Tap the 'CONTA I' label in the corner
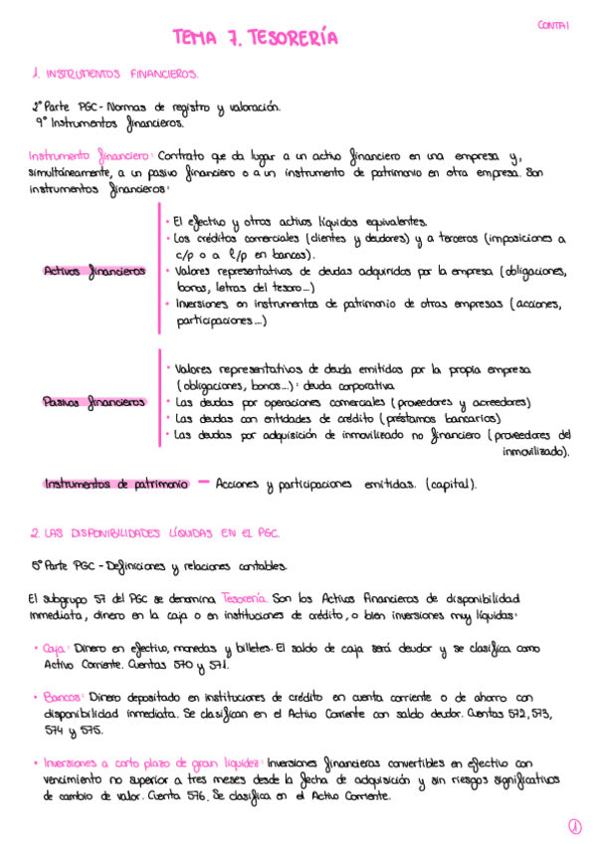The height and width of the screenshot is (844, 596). click(553, 26)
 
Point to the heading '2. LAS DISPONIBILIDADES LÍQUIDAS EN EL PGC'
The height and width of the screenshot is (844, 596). click(154, 533)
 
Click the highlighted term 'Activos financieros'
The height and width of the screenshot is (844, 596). click(96, 271)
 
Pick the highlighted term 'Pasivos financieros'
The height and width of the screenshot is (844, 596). click(95, 402)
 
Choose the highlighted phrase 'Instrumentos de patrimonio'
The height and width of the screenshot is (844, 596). click(115, 484)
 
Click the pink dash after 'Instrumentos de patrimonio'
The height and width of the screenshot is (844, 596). click(203, 483)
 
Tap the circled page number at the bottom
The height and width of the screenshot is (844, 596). click(574, 826)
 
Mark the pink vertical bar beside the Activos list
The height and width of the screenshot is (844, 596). click(158, 268)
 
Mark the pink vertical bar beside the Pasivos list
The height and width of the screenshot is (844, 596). click(158, 400)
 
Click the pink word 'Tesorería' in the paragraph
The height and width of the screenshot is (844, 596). click(245, 599)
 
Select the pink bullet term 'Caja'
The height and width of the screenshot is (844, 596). click(54, 649)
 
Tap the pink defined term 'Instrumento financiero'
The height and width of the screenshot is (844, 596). click(89, 156)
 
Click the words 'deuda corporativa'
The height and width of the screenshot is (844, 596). click(354, 385)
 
